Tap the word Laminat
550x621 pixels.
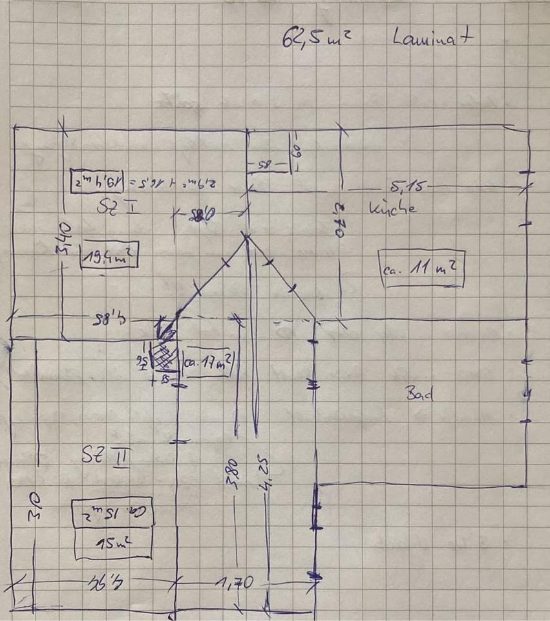(x=433, y=38)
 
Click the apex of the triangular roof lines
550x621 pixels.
(x=247, y=238)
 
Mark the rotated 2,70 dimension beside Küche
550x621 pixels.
(x=335, y=220)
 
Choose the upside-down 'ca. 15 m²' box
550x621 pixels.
(x=112, y=512)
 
